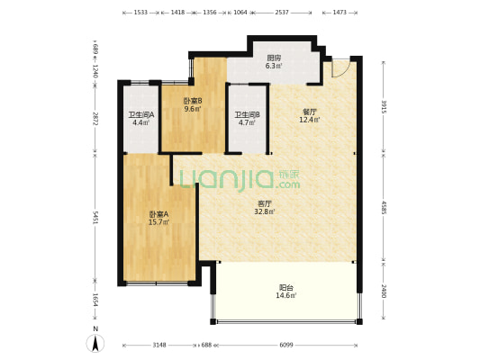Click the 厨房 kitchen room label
274,61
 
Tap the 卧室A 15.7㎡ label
158,218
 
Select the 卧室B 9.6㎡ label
193,104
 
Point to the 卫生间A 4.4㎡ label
140,119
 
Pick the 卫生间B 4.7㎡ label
247,119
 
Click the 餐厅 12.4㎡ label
309,115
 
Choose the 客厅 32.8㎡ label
265,207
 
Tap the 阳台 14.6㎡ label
286,292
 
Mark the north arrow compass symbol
95,344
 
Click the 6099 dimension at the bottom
286,345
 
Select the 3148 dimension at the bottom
159,345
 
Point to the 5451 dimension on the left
95,218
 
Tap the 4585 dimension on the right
385,207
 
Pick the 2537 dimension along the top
282,13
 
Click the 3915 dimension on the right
385,106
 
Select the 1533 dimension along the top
140,13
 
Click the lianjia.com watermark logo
240,179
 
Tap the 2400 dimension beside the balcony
385,291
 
